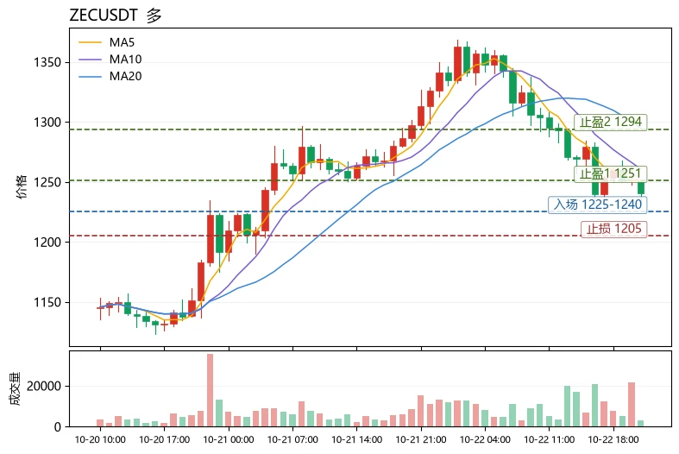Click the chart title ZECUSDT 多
click(x=116, y=16)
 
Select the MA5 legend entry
click(x=106, y=42)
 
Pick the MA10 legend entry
click(x=110, y=60)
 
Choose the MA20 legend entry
click(x=110, y=76)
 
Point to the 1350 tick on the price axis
click(x=47, y=62)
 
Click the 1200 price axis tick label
click(x=47, y=243)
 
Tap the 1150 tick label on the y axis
click(x=47, y=302)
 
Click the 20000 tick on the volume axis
click(x=44, y=386)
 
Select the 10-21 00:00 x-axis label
click(x=229, y=439)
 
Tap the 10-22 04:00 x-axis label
click(x=485, y=439)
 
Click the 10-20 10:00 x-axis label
click(x=100, y=439)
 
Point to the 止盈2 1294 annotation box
click(x=611, y=123)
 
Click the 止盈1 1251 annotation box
click(x=611, y=173)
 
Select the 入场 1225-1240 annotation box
click(x=598, y=205)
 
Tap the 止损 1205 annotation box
click(x=614, y=229)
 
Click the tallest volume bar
click(x=210, y=390)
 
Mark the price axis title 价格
click(x=22, y=186)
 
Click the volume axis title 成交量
click(x=16, y=388)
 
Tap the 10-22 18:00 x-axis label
click(x=613, y=439)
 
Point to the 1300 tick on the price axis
click(x=47, y=123)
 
